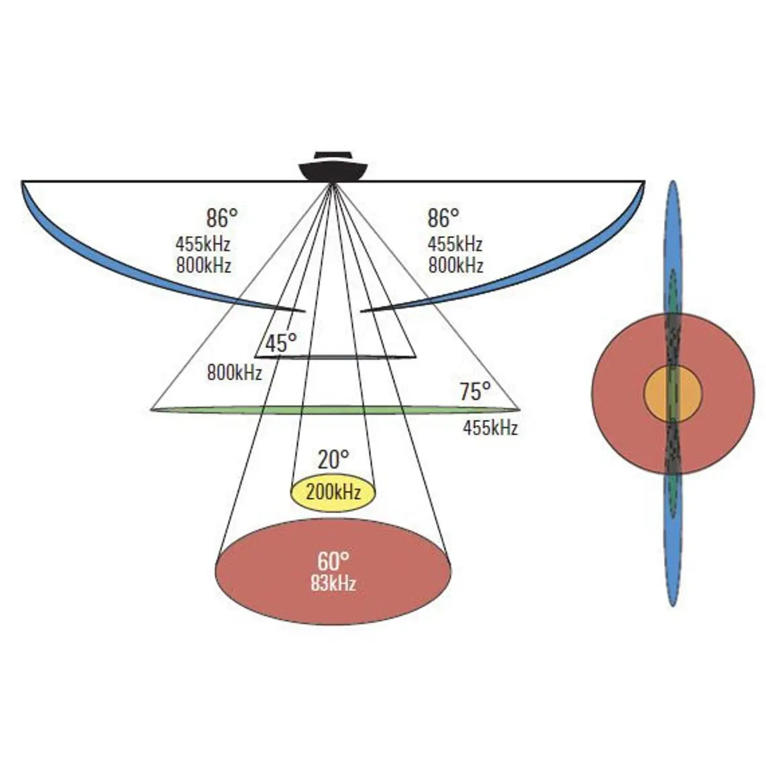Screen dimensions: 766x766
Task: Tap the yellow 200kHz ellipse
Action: (333, 493)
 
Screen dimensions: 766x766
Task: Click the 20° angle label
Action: (333, 459)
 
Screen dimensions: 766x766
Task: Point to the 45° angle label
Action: (281, 343)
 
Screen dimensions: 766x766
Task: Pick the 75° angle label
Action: (476, 391)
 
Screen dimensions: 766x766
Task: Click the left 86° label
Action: (222, 218)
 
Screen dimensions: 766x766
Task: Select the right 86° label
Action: (443, 218)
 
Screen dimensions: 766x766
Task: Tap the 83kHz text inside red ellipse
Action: (333, 583)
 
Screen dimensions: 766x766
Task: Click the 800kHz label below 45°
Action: (234, 372)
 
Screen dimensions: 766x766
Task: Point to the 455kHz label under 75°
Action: (490, 427)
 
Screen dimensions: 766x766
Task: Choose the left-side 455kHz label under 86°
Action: (203, 244)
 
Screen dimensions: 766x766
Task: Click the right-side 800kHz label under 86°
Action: (455, 265)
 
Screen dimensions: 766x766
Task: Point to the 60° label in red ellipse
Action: (333, 562)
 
